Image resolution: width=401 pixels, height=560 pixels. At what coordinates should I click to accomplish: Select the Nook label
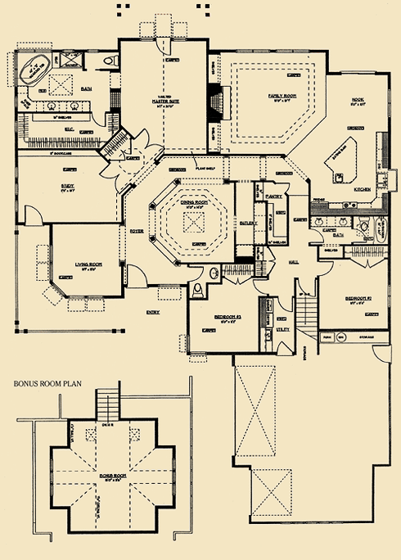coord(355,102)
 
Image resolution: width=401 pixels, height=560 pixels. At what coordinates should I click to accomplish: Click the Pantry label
coord(274,196)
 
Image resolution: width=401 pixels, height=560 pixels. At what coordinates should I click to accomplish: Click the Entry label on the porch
coord(153,312)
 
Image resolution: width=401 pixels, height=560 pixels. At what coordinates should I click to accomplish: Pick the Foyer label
coord(137,232)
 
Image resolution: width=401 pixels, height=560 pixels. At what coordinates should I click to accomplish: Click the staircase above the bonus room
coord(107,405)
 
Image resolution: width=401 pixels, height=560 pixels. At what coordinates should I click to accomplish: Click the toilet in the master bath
coord(109,61)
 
